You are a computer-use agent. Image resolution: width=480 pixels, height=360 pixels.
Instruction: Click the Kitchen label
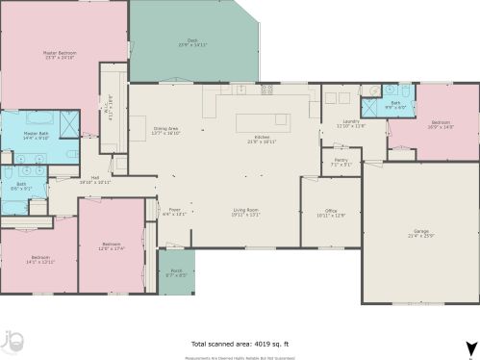point(262,139)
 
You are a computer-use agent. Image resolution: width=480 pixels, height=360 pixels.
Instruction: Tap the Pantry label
point(341,162)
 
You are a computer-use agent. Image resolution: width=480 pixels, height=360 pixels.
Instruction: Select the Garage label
point(420,233)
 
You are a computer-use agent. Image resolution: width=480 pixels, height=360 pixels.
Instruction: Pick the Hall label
point(95,179)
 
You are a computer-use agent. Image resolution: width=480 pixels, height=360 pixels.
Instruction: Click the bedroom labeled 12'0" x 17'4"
point(112,246)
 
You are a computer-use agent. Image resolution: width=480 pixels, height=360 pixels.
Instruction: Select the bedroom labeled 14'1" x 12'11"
point(39,259)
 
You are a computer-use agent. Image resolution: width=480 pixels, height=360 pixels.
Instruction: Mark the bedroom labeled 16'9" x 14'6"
point(441,124)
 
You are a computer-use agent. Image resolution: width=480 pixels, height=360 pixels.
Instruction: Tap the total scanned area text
point(239,344)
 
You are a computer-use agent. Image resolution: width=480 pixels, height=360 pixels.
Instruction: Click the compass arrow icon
point(468,348)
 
